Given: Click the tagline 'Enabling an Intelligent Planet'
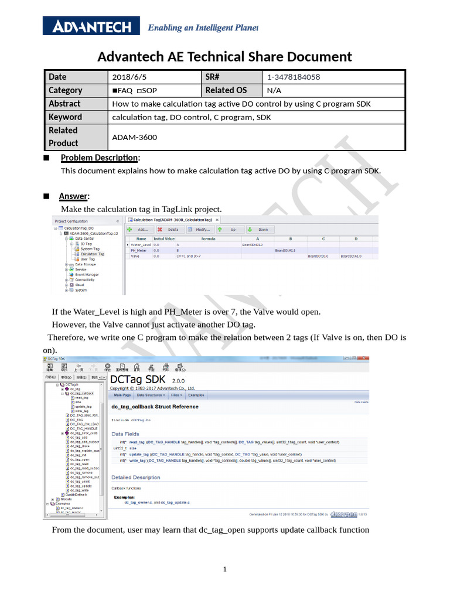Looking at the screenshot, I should pyautogui.click(x=202, y=28).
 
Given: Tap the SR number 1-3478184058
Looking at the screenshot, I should pyautogui.click(x=294, y=77).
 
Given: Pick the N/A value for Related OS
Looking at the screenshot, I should pyautogui.click(x=274, y=90).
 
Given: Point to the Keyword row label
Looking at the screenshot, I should pyautogui.click(x=65, y=117).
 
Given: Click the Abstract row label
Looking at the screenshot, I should pyautogui.click(x=64, y=103).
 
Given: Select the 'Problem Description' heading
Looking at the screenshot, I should pyautogui.click(x=100, y=158).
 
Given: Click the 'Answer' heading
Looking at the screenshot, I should pyautogui.click(x=74, y=196).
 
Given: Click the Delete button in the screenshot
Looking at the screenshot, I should pyautogui.click(x=169, y=230).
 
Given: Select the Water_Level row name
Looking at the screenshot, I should pyautogui.click(x=141, y=244).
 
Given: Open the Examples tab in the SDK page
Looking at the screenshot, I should pyautogui.click(x=196, y=396).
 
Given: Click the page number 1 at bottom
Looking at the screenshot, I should pyautogui.click(x=225, y=569).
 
